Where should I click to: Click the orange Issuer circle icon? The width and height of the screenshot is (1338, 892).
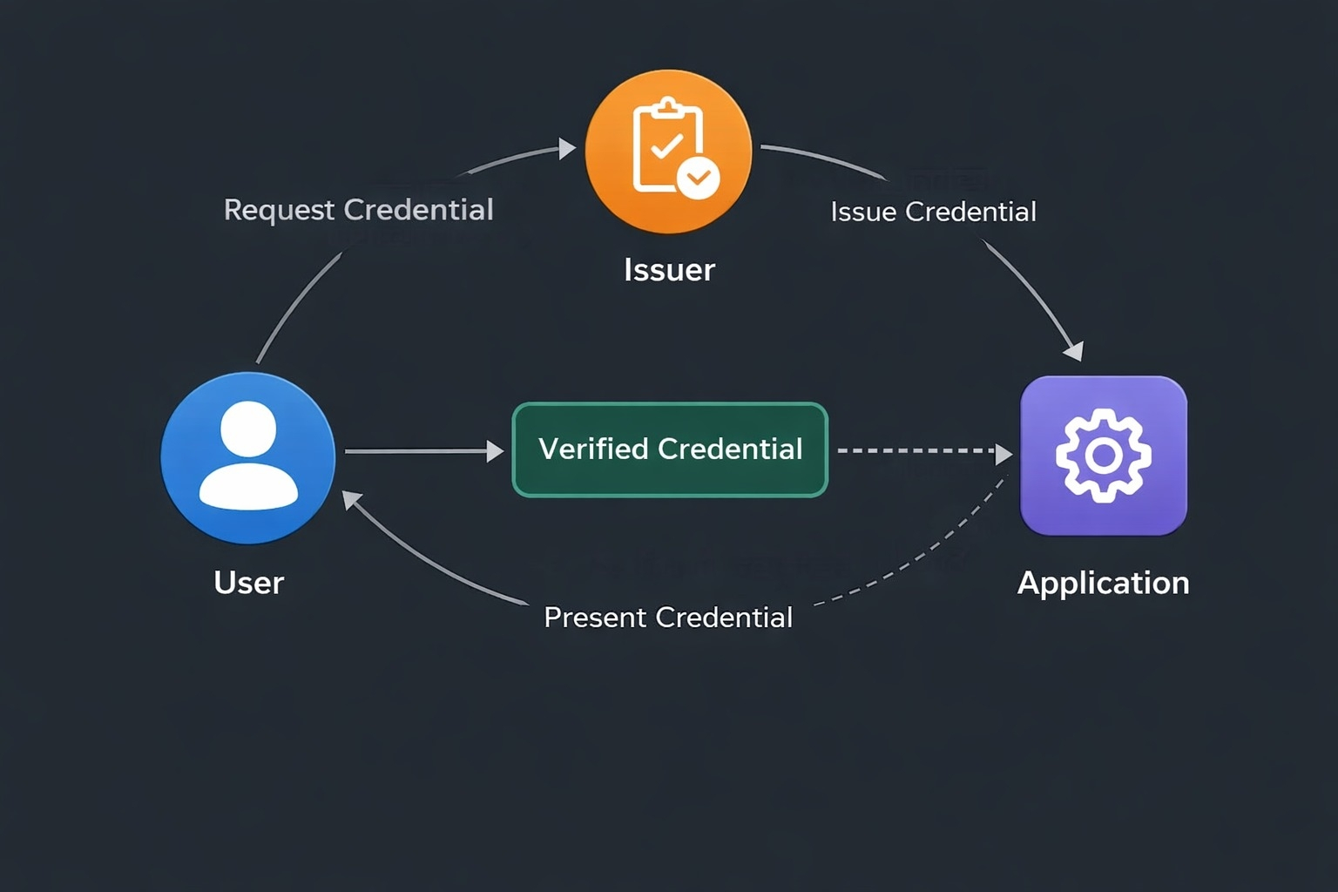coord(668,151)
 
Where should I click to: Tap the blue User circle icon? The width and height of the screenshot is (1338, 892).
coord(248,458)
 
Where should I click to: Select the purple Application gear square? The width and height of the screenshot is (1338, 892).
coord(1103,455)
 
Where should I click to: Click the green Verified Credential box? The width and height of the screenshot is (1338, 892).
coord(670,449)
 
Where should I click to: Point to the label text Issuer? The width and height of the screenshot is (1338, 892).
coord(669,270)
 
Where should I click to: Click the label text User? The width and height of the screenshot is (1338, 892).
coord(249,583)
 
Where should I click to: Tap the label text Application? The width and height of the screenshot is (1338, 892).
coord(1103,583)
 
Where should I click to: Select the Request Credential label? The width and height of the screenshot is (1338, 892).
coord(358,210)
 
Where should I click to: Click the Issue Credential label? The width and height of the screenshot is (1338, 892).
coord(933,212)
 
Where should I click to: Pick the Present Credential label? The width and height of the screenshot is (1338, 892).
coord(668,618)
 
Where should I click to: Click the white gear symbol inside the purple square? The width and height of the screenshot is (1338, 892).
coord(1103,455)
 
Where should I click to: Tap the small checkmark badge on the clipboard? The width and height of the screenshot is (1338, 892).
coord(698,178)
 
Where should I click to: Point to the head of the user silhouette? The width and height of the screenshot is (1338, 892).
coord(248,429)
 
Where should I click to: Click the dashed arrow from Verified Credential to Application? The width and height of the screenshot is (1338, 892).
coord(915,451)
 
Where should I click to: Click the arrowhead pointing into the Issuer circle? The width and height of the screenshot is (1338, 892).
coord(568,149)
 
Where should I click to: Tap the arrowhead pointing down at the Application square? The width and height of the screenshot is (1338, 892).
coord(1075,350)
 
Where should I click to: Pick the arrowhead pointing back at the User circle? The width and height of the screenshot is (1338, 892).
coord(351,500)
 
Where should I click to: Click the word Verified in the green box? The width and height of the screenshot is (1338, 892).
coord(593,449)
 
